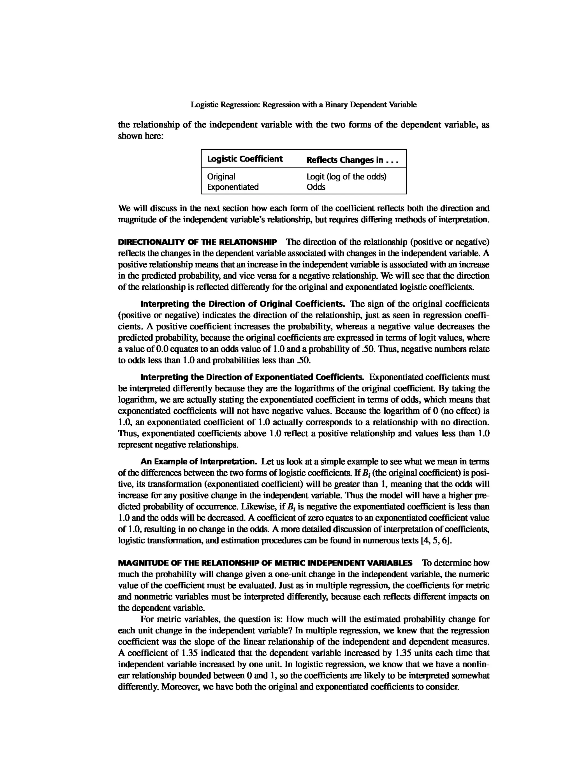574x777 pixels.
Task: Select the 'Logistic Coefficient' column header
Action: tap(245, 159)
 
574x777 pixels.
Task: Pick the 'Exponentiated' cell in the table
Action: tap(233, 187)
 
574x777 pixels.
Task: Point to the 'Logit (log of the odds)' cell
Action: tap(346, 177)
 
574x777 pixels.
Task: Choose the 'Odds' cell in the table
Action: tap(316, 187)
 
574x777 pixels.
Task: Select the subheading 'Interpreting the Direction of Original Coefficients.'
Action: tap(242, 304)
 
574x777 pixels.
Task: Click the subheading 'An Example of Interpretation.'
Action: tap(198, 462)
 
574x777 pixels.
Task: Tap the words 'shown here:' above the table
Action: tap(140, 136)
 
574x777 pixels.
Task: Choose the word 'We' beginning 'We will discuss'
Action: tap(124, 208)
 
